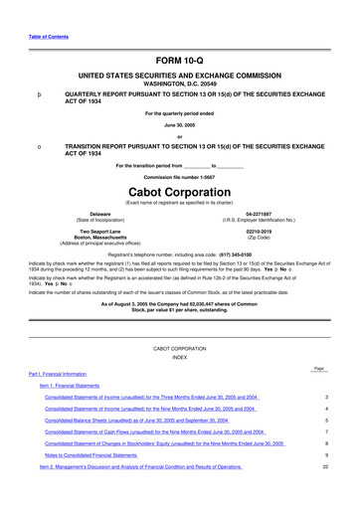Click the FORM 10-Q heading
179,61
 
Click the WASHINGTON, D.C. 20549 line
179,85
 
